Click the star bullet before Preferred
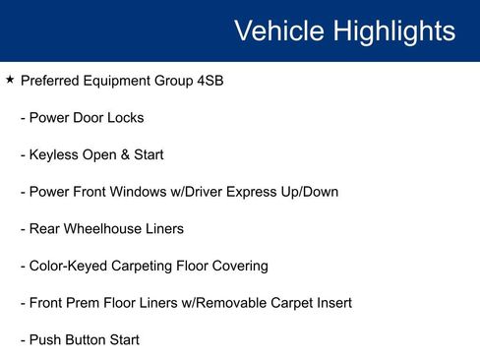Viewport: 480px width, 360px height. (10, 80)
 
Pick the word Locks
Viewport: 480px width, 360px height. (125, 118)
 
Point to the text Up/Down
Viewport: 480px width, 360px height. (307, 192)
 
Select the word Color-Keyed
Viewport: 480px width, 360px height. (72, 266)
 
